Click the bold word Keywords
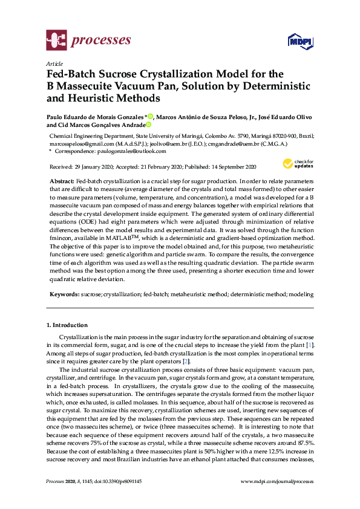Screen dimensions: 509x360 coord(64,294)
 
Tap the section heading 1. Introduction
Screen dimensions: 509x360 coord(67,325)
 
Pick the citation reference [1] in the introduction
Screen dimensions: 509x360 coord(310,345)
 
